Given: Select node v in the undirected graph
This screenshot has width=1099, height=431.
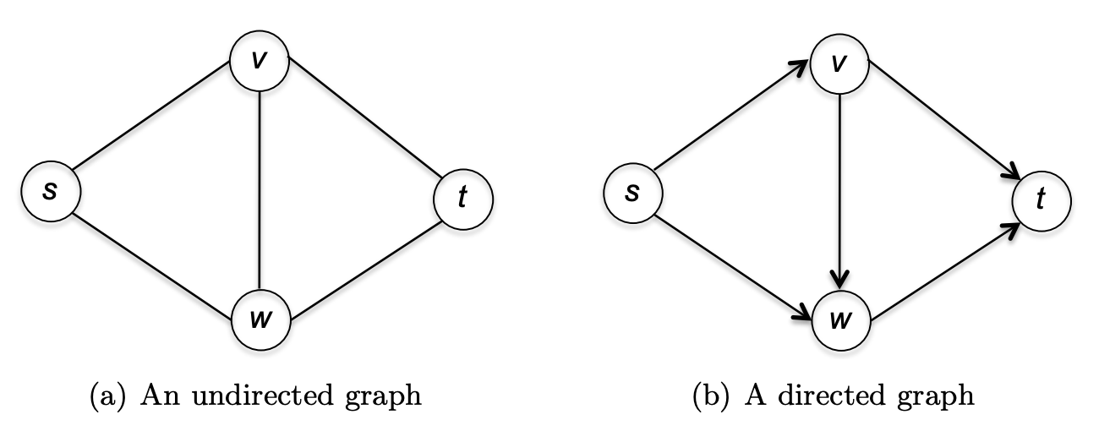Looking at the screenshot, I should coord(260,61).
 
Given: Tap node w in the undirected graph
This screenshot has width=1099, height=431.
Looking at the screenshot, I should coord(260,320).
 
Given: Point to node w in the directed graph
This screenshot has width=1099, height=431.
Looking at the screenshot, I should coord(840,320).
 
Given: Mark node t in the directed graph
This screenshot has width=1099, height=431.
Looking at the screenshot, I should coord(1041,199).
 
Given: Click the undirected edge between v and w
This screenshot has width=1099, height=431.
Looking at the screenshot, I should coord(260,190).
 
